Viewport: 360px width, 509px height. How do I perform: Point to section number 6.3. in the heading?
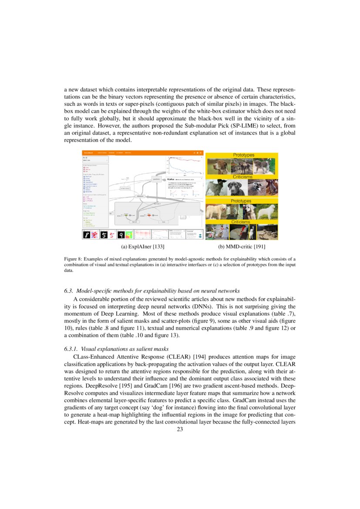[70, 291]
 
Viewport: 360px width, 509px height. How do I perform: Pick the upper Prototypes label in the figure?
[243, 155]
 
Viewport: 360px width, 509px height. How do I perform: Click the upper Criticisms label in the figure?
[241, 177]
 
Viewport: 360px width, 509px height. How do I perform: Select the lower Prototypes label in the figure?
[241, 201]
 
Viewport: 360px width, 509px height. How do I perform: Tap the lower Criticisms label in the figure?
[241, 222]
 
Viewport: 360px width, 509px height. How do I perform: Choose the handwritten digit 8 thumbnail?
[87, 235]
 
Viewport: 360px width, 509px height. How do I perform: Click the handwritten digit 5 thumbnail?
[104, 235]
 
